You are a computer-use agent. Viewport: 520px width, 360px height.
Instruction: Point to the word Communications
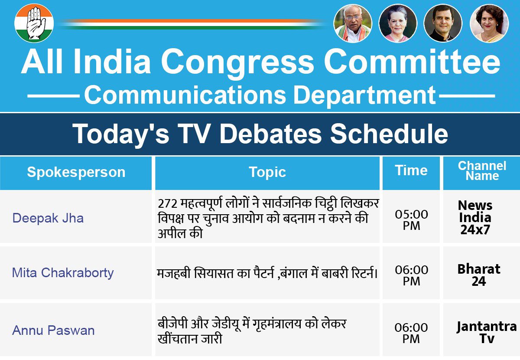[x=185, y=95]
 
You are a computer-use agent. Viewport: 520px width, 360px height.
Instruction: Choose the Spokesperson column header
[x=76, y=172]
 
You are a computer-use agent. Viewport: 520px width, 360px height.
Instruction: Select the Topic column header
[x=267, y=172]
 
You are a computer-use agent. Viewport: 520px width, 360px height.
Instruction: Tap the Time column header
[x=411, y=170]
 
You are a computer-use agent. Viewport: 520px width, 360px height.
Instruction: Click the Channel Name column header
[x=482, y=171]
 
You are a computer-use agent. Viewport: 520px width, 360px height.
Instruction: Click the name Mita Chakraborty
[x=63, y=273]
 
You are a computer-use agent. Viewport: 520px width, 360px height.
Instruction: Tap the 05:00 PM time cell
[x=411, y=220]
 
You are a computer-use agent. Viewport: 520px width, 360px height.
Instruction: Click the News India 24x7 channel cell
[x=475, y=218]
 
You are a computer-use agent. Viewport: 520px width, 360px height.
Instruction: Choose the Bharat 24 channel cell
[x=479, y=275]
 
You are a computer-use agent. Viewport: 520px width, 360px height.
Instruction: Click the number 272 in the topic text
[x=168, y=204]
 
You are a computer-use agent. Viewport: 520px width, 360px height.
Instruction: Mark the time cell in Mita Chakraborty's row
[x=411, y=275]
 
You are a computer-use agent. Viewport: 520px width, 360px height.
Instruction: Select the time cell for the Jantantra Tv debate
[x=411, y=333]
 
